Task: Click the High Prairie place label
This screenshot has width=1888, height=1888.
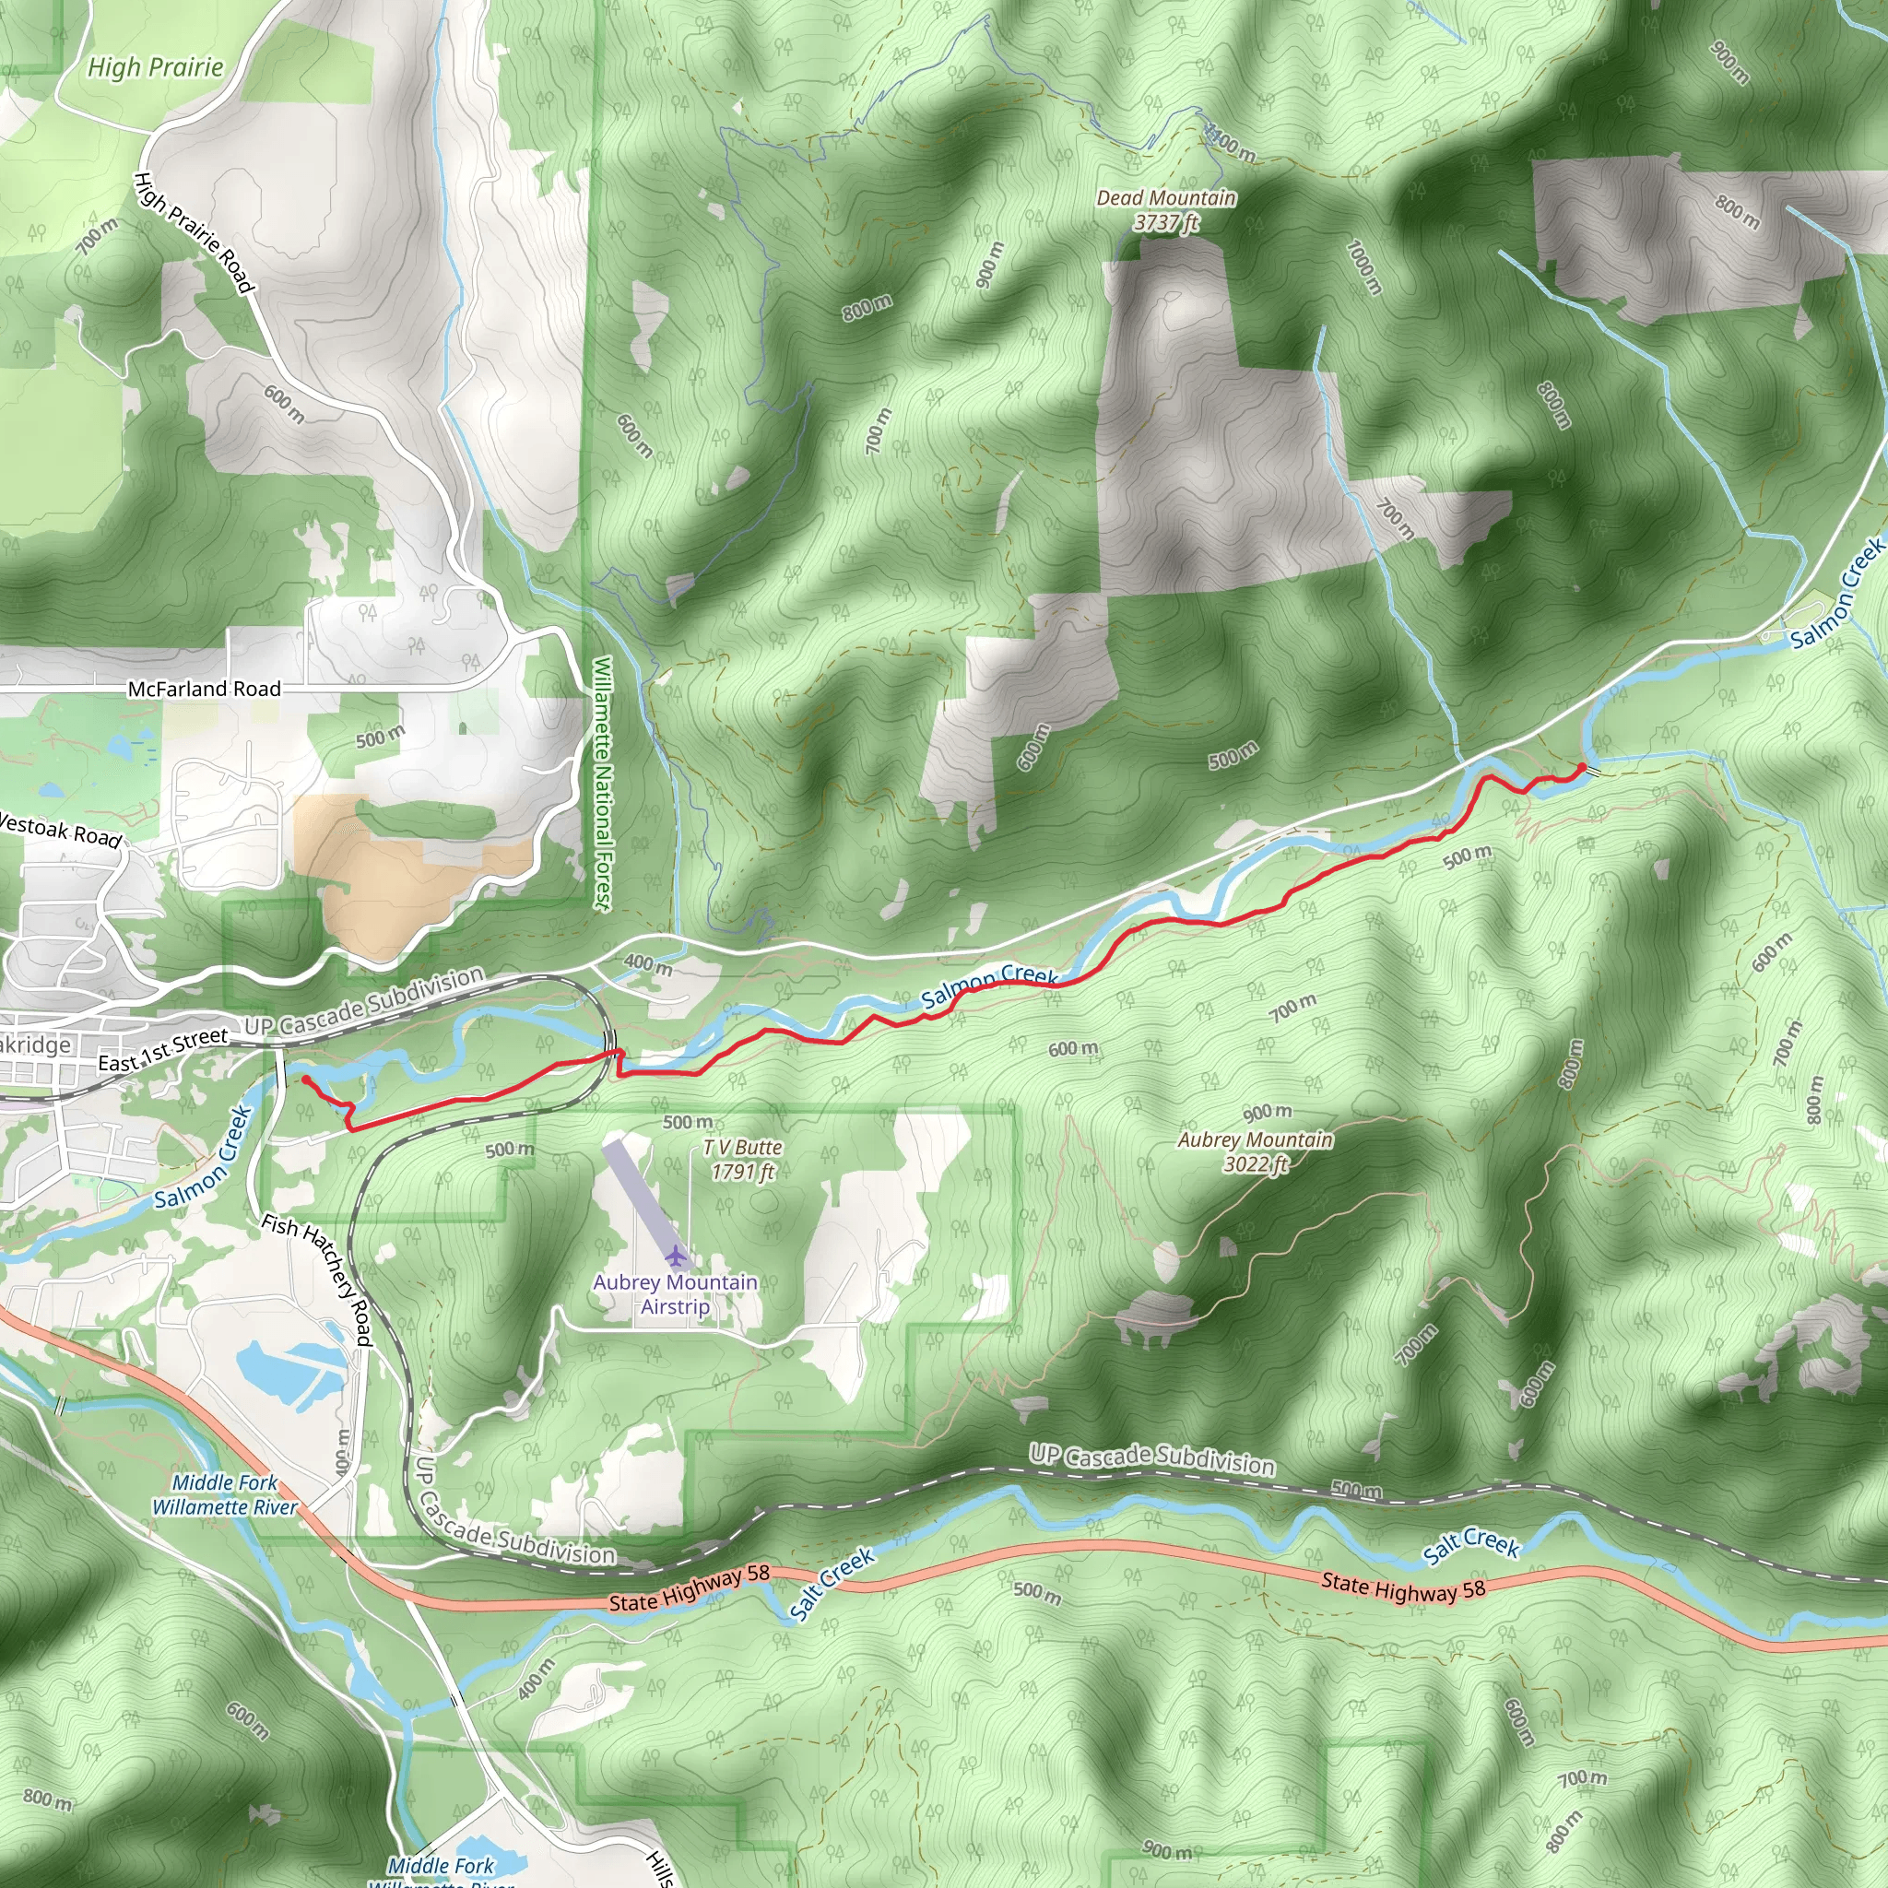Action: pos(156,66)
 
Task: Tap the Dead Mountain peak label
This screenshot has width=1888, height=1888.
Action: pos(1166,210)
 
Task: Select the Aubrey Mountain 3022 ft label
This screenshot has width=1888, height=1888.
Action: pos(1255,1151)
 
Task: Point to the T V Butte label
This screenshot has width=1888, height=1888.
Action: pos(743,1159)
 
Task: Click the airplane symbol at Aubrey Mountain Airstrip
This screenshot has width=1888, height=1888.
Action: pos(675,1254)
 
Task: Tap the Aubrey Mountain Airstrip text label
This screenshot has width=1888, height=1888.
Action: pos(675,1293)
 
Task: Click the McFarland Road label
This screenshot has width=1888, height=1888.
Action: pos(205,689)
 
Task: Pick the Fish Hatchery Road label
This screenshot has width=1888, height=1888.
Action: pos(318,1280)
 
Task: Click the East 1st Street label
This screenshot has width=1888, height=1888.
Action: pos(163,1048)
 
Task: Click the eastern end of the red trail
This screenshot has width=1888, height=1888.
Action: pos(1582,766)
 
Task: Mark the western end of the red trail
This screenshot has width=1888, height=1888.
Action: pos(305,1080)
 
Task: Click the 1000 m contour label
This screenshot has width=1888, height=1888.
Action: pos(1363,266)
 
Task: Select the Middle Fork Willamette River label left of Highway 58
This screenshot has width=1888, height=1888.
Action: pos(225,1494)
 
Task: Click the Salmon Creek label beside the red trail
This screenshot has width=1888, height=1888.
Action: pos(989,985)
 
